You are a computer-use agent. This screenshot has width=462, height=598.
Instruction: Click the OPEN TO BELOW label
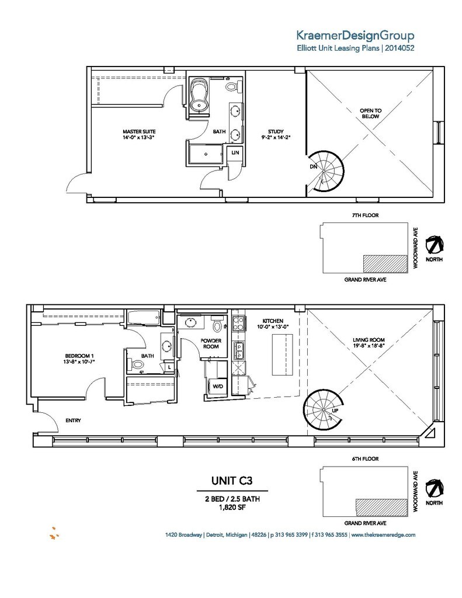pos(370,113)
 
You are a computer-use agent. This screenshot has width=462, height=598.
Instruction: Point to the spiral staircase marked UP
pos(325,411)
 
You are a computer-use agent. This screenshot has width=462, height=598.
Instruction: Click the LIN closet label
pos(235,152)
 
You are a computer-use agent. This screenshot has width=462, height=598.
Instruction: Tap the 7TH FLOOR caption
pos(365,215)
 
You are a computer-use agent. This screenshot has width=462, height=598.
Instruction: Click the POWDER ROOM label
pos(210,343)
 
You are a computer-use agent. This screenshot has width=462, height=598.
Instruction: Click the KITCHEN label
pos(272,321)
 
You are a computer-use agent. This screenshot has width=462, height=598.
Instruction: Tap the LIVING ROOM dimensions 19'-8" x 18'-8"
pos(373,346)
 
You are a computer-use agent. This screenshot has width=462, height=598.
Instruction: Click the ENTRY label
pos(73,420)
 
